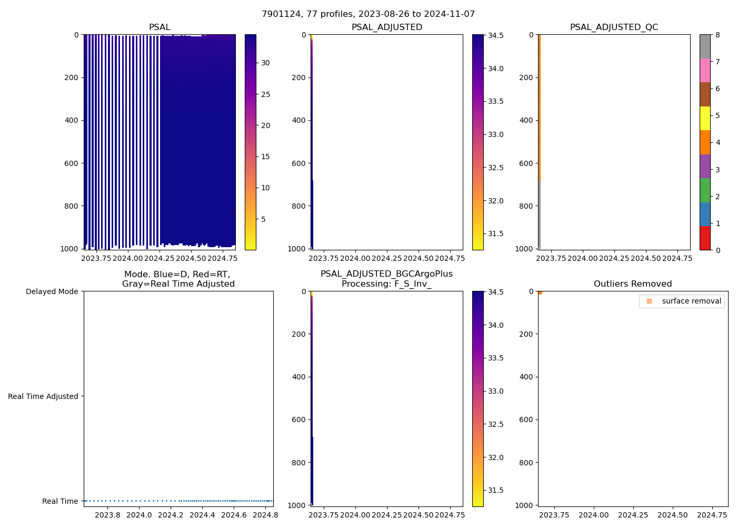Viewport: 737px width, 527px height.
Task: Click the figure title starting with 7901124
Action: click(368, 14)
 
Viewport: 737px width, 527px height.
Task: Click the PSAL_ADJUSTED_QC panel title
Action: click(614, 27)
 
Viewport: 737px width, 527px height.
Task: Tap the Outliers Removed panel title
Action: click(633, 284)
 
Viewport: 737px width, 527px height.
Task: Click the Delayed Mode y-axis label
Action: click(52, 292)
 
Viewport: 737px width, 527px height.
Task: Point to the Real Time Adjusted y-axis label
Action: click(43, 396)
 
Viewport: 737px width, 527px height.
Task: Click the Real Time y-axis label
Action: click(60, 501)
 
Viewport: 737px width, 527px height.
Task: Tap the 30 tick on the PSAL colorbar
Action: click(265, 63)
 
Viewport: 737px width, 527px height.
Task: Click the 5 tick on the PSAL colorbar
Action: click(263, 219)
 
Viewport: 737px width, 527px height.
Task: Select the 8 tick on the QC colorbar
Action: click(718, 35)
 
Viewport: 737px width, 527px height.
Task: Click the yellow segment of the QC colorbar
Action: click(705, 119)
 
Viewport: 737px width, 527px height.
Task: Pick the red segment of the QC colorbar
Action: click(705, 238)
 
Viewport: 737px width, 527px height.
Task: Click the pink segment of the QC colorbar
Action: click(705, 71)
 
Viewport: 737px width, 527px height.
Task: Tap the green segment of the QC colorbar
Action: click(705, 190)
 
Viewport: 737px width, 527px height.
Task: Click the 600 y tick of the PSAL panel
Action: click(73, 163)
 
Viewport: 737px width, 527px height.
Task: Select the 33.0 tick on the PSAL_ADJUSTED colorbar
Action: click(495, 135)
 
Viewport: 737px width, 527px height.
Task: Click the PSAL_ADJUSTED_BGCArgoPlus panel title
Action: click(386, 279)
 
